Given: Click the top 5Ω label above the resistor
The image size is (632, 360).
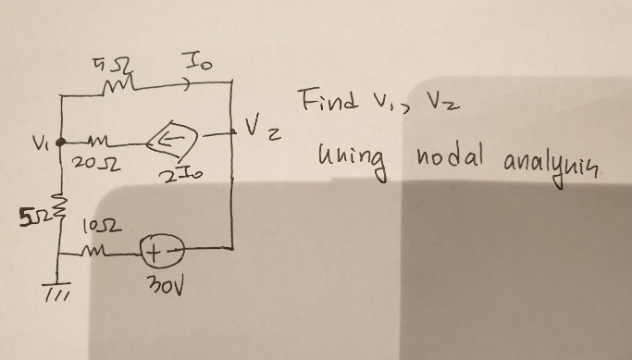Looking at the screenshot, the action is point(122,65).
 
